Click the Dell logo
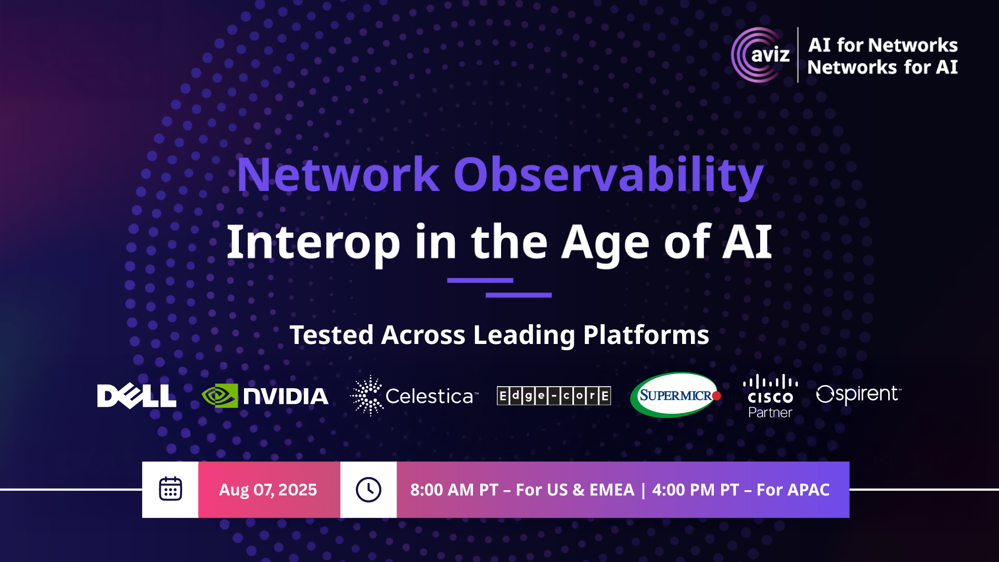click(136, 396)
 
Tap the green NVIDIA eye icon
click(220, 396)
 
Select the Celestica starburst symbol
click(367, 396)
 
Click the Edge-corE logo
click(554, 396)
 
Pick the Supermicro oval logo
click(675, 395)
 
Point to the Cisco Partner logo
click(770, 397)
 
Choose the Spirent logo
click(859, 394)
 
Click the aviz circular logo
click(760, 55)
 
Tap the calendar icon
click(170, 489)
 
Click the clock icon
click(368, 490)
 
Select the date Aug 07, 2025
click(268, 490)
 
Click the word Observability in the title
click(608, 175)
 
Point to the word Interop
click(313, 242)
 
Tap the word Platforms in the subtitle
click(646, 335)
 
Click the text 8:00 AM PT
click(454, 490)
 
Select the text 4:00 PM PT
click(696, 490)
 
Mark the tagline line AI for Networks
click(883, 45)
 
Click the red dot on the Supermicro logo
click(716, 396)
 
